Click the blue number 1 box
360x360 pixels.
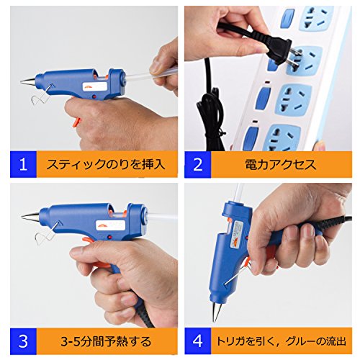pyautogui.click(x=23, y=164)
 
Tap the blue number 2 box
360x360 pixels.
pyautogui.click(x=198, y=164)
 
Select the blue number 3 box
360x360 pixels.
pyautogui.click(x=23, y=341)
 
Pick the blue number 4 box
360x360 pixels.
pyautogui.click(x=198, y=341)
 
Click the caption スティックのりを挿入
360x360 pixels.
pyautogui.click(x=106, y=165)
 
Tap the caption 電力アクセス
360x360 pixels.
pyautogui.click(x=281, y=165)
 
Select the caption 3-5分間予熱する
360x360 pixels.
pyautogui.click(x=106, y=341)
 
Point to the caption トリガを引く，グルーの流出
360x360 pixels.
pyautogui.click(x=282, y=341)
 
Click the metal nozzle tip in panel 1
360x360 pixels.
pyautogui.click(x=27, y=81)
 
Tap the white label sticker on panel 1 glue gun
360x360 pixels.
pyautogui.click(x=95, y=86)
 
